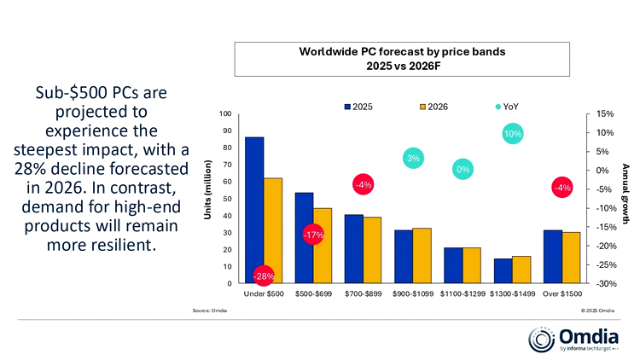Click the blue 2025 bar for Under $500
click(254, 205)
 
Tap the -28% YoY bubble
click(264, 276)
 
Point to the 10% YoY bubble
click(513, 133)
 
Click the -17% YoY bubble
click(313, 235)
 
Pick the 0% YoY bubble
click(463, 170)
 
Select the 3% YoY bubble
click(413, 159)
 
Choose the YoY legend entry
click(503, 107)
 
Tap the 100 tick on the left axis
click(225, 114)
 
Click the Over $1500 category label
click(561, 295)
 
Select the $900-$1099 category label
click(413, 295)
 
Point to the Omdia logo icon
click(543, 340)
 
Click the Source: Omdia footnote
click(210, 311)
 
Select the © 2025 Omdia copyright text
click(597, 311)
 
